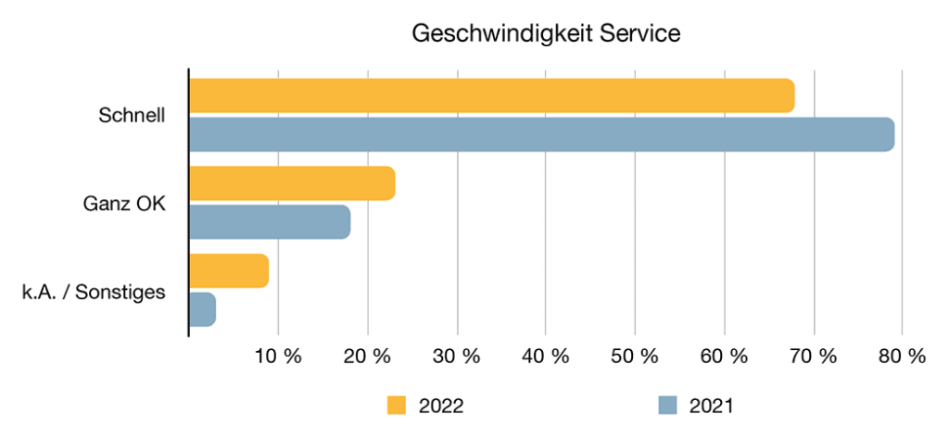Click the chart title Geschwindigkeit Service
pyautogui.click(x=546, y=33)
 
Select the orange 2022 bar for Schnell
pyautogui.click(x=491, y=96)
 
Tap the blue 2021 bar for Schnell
pyautogui.click(x=541, y=134)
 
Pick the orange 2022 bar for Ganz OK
pyautogui.click(x=292, y=183)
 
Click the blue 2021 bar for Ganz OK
pyautogui.click(x=270, y=222)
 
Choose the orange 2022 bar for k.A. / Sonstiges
pyautogui.click(x=229, y=270)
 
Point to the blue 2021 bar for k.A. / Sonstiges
pyautogui.click(x=203, y=309)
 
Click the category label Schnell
pyautogui.click(x=132, y=116)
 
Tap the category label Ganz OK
pyautogui.click(x=124, y=204)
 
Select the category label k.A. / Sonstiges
pyautogui.click(x=93, y=292)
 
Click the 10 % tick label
pyautogui.click(x=279, y=357)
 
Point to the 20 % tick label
pyautogui.click(x=368, y=357)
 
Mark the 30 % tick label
pyautogui.click(x=457, y=357)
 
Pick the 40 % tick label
pyautogui.click(x=546, y=357)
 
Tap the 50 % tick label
pyautogui.click(x=635, y=357)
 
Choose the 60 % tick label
pyautogui.click(x=724, y=357)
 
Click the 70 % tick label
pyautogui.click(x=813, y=357)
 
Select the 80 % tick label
pyautogui.click(x=902, y=357)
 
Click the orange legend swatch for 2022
pyautogui.click(x=397, y=406)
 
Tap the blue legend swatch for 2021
pyautogui.click(x=667, y=406)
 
